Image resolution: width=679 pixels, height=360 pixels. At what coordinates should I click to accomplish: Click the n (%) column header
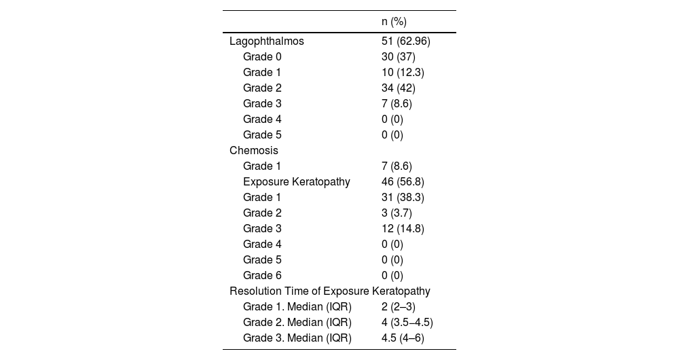click(394, 22)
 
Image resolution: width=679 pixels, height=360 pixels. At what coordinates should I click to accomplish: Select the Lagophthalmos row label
click(267, 41)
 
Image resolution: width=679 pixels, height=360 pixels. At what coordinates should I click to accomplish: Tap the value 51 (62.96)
click(405, 41)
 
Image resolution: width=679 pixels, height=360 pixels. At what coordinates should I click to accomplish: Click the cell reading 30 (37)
click(399, 56)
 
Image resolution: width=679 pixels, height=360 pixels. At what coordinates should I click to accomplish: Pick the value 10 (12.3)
click(404, 72)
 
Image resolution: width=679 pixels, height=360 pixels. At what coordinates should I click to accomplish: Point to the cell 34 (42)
click(399, 88)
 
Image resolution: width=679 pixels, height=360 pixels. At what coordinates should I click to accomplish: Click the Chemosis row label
click(254, 150)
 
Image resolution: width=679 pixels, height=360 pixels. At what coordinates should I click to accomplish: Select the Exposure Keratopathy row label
click(297, 181)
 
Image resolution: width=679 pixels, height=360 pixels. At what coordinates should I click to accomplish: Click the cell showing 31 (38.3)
click(403, 197)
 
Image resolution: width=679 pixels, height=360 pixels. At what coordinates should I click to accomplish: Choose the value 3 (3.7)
click(397, 213)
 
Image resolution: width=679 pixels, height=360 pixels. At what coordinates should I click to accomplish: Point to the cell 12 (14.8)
click(403, 228)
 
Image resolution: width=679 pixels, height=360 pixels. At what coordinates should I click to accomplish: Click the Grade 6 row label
click(262, 275)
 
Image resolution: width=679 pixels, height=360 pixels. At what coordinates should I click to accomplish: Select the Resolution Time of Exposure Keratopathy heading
click(330, 291)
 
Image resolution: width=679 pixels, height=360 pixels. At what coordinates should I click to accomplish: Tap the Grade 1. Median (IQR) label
click(297, 306)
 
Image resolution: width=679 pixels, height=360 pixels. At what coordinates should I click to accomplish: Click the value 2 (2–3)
click(399, 306)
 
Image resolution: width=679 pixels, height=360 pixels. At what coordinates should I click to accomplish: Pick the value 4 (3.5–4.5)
click(407, 322)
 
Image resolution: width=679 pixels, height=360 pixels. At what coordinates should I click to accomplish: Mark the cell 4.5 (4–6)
click(403, 338)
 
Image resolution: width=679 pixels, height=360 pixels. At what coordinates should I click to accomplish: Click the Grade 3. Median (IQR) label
click(297, 338)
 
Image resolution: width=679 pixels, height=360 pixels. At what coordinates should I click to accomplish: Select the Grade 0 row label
click(262, 56)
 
